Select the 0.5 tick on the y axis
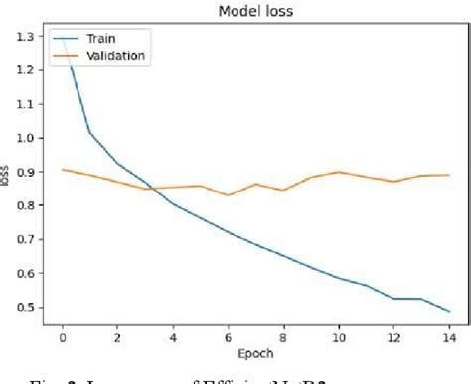pos(29,307)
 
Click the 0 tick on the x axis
pos(62,334)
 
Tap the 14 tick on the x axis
pos(448,334)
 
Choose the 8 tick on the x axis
pos(282,334)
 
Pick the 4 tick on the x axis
pos(172,334)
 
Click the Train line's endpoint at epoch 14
pos(448,311)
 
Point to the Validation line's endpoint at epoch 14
pos(448,175)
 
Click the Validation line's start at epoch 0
pos(62,169)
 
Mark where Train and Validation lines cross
pos(149,187)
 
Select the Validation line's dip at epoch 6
pos(228,195)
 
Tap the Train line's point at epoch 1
pos(89,131)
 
